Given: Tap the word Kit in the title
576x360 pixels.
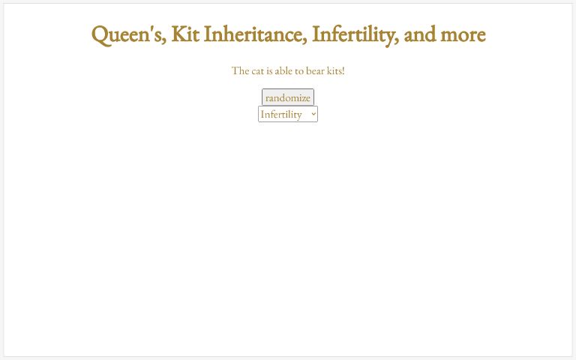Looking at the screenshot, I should [184, 34].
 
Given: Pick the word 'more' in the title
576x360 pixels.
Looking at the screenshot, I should [463, 34].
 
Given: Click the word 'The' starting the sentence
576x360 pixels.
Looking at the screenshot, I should [240, 70].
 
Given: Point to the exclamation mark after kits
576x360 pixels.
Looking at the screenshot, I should [343, 70].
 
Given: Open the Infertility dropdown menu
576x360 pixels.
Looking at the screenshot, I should [287, 114].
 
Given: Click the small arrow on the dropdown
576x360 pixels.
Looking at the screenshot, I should [313, 114].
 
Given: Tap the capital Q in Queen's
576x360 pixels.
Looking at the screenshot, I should [100, 34].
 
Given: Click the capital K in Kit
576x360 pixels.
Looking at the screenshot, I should [178, 34].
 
